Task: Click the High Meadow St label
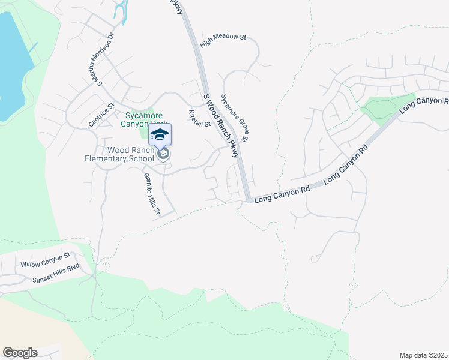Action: pyautogui.click(x=223, y=37)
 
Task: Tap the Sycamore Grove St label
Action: pyautogui.click(x=235, y=118)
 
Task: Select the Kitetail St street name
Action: pyautogui.click(x=200, y=118)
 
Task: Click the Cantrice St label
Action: pyautogui.click(x=101, y=115)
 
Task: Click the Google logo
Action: pyautogui.click(x=20, y=353)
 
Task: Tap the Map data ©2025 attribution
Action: pyautogui.click(x=423, y=355)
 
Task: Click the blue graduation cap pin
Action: pyautogui.click(x=160, y=134)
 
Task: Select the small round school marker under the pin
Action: pyautogui.click(x=162, y=154)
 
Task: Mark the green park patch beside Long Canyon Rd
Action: pyautogui.click(x=385, y=106)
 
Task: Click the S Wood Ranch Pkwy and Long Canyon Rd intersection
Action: pyautogui.click(x=248, y=199)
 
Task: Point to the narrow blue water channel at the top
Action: pyautogui.click(x=122, y=11)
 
